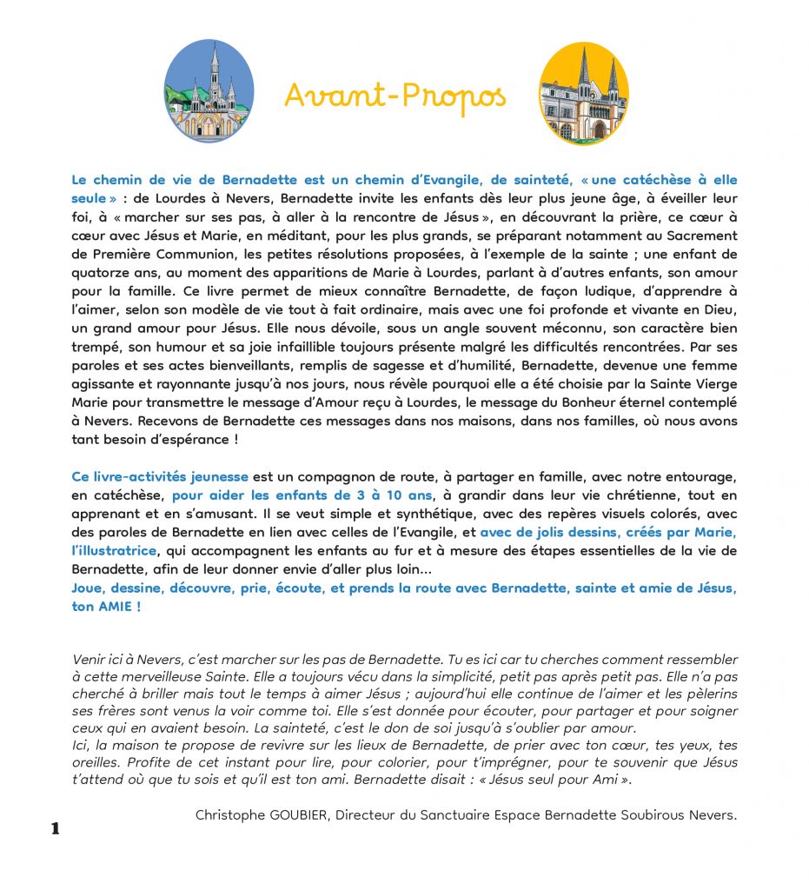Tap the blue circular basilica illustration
pos(209,91)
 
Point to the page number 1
pos(56,828)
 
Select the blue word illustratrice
pos(114,551)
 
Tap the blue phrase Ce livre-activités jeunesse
pos(160,477)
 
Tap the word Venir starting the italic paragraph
pos(90,661)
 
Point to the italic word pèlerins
pos(707,694)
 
